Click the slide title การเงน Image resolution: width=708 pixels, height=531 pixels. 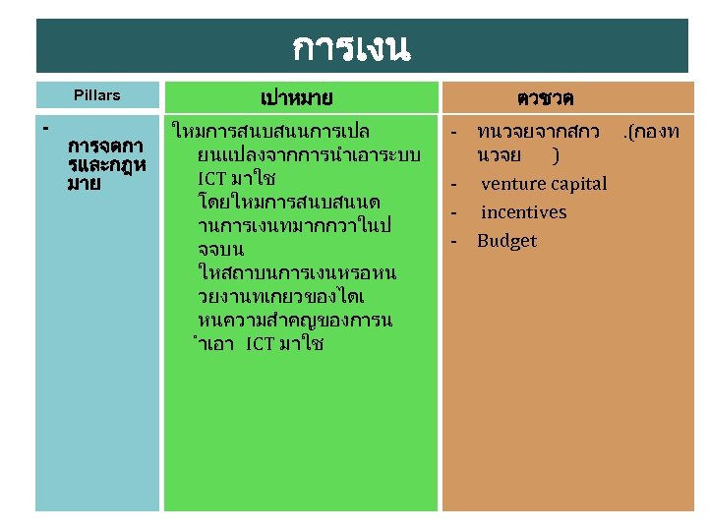[x=351, y=45]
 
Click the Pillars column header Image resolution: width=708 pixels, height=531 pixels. [x=97, y=95]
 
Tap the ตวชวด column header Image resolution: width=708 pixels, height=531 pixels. [x=546, y=98]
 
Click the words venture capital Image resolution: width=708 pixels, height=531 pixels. [x=544, y=184]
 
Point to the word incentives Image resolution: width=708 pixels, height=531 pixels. [x=523, y=212]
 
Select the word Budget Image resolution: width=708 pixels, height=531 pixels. [x=506, y=241]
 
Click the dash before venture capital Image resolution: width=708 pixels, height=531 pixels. [x=454, y=184]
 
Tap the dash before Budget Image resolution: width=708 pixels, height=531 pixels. [x=454, y=241]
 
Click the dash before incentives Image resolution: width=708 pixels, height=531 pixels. [x=454, y=212]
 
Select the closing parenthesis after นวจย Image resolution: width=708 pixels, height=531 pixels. [x=557, y=155]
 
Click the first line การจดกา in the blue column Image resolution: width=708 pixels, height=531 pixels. [x=105, y=147]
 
